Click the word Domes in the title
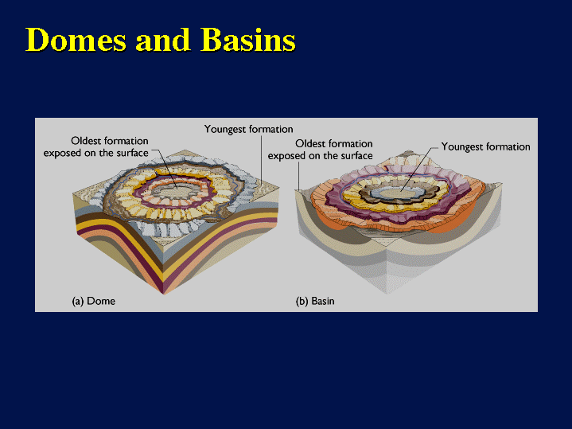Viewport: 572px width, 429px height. (76, 40)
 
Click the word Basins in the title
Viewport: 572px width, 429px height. (248, 40)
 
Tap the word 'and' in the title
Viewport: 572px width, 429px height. (163, 40)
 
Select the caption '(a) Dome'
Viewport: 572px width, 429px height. (94, 301)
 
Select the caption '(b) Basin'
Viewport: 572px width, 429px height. (315, 301)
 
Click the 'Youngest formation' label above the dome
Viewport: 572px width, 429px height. (248, 129)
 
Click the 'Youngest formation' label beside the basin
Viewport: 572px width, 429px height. (485, 146)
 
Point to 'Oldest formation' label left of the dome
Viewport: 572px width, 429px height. (110, 141)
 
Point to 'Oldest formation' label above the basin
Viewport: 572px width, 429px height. (334, 143)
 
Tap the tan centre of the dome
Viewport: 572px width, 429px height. (177, 191)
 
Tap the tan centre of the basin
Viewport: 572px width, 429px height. (400, 193)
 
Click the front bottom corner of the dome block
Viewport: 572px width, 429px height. (163, 294)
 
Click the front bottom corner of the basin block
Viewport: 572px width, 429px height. (387, 293)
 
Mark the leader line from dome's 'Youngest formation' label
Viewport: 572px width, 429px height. (262, 159)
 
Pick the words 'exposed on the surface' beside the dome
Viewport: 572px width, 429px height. (96, 153)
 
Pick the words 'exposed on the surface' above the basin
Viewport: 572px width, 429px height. (321, 156)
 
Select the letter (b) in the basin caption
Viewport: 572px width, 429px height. (302, 301)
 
